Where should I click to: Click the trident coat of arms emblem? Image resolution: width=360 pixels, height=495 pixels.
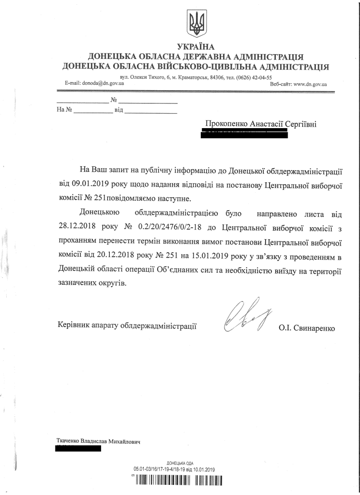coord(196,24)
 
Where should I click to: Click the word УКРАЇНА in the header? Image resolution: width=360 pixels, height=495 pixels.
coord(195,47)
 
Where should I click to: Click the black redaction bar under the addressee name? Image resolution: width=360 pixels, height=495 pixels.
coord(244,134)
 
